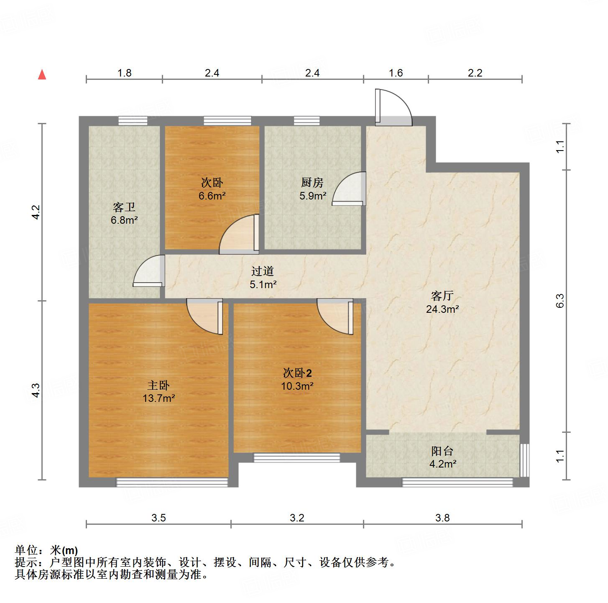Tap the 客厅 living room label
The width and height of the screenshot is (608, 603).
tap(442, 296)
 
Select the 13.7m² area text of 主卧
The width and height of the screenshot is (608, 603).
tap(158, 398)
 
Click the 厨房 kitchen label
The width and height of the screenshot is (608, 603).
tap(312, 183)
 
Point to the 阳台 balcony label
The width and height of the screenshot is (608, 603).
tap(442, 451)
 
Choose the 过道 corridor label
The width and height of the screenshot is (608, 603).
tap(262, 271)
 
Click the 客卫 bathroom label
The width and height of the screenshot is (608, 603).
tap(124, 207)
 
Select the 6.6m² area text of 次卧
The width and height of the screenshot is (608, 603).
tap(212, 196)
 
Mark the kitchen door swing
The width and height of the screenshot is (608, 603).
tap(350, 189)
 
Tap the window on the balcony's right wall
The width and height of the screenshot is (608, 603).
tap(524, 460)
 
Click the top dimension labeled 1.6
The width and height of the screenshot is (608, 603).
tap(396, 73)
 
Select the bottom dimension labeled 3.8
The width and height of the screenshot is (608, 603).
tap(442, 518)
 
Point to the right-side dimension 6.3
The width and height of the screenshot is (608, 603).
tap(560, 301)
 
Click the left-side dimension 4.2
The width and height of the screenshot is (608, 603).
tap(36, 212)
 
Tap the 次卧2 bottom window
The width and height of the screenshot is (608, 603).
tap(296, 458)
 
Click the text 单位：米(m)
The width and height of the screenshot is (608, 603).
tap(46, 550)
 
